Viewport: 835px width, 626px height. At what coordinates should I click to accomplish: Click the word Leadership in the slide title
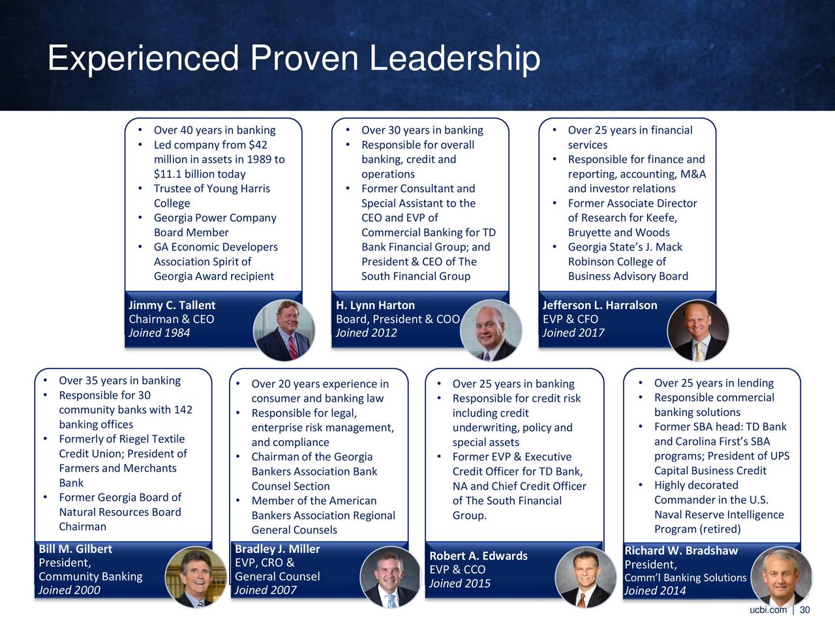(455, 59)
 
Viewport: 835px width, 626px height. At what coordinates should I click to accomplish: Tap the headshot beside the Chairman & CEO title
(284, 330)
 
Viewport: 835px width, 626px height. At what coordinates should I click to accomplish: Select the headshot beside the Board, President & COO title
(491, 330)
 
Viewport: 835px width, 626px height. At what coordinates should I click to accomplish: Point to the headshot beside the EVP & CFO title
(697, 330)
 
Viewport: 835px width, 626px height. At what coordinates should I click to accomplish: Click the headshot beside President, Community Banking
(196, 577)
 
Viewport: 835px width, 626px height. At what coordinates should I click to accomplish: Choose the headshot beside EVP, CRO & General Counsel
(391, 577)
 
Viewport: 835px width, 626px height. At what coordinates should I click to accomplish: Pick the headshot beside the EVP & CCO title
(586, 577)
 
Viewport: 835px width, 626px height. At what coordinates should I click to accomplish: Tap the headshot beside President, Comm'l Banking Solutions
(782, 577)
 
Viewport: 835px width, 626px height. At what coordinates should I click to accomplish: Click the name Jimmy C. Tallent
(172, 305)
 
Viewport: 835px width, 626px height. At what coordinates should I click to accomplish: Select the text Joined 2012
(366, 333)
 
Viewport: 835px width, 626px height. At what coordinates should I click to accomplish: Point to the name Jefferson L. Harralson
(600, 305)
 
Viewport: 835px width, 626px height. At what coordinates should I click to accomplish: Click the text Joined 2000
(69, 590)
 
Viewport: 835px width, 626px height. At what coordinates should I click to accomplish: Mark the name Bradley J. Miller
(277, 549)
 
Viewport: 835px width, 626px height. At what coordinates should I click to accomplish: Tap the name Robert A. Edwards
(479, 556)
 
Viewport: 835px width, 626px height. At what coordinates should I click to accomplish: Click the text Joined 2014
(655, 591)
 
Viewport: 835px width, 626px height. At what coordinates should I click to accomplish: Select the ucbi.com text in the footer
(768, 610)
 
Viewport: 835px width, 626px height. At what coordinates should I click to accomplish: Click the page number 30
(805, 610)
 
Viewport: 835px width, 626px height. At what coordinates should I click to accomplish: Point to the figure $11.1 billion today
(200, 174)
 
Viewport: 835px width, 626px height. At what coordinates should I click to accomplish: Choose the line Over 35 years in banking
(120, 380)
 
